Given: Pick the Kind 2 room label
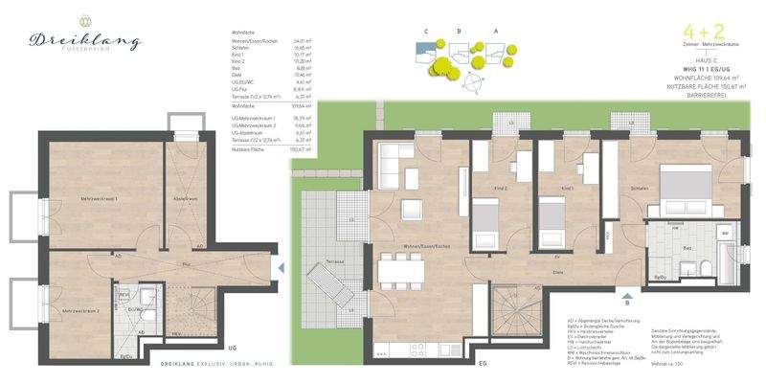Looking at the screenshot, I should (x=500, y=189).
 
